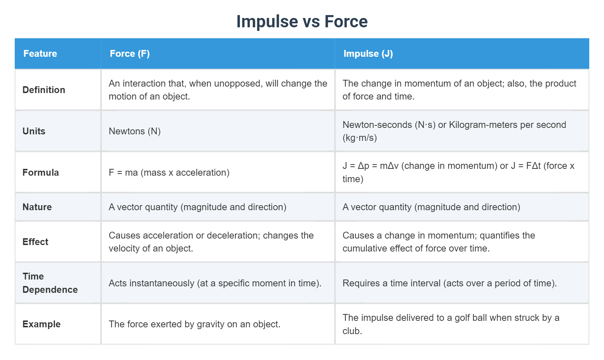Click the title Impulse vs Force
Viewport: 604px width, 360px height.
(302, 22)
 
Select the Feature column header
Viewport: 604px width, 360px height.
(40, 54)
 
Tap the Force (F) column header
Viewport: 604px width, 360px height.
(129, 54)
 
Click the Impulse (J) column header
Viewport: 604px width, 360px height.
(368, 54)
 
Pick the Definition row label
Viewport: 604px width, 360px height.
(44, 90)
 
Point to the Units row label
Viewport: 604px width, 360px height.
(34, 131)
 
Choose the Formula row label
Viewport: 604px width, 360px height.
(41, 172)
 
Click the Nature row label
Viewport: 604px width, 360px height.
(37, 207)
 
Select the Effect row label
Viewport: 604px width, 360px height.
(35, 242)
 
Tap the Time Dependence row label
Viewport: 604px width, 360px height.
(50, 283)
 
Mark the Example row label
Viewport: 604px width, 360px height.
(41, 324)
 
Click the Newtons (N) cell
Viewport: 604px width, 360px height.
(134, 131)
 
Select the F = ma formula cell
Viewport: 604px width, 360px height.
(169, 172)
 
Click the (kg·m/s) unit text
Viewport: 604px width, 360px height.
(360, 138)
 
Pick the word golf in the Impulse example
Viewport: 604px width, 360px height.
(462, 318)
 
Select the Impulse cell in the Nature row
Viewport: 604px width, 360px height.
(431, 207)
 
